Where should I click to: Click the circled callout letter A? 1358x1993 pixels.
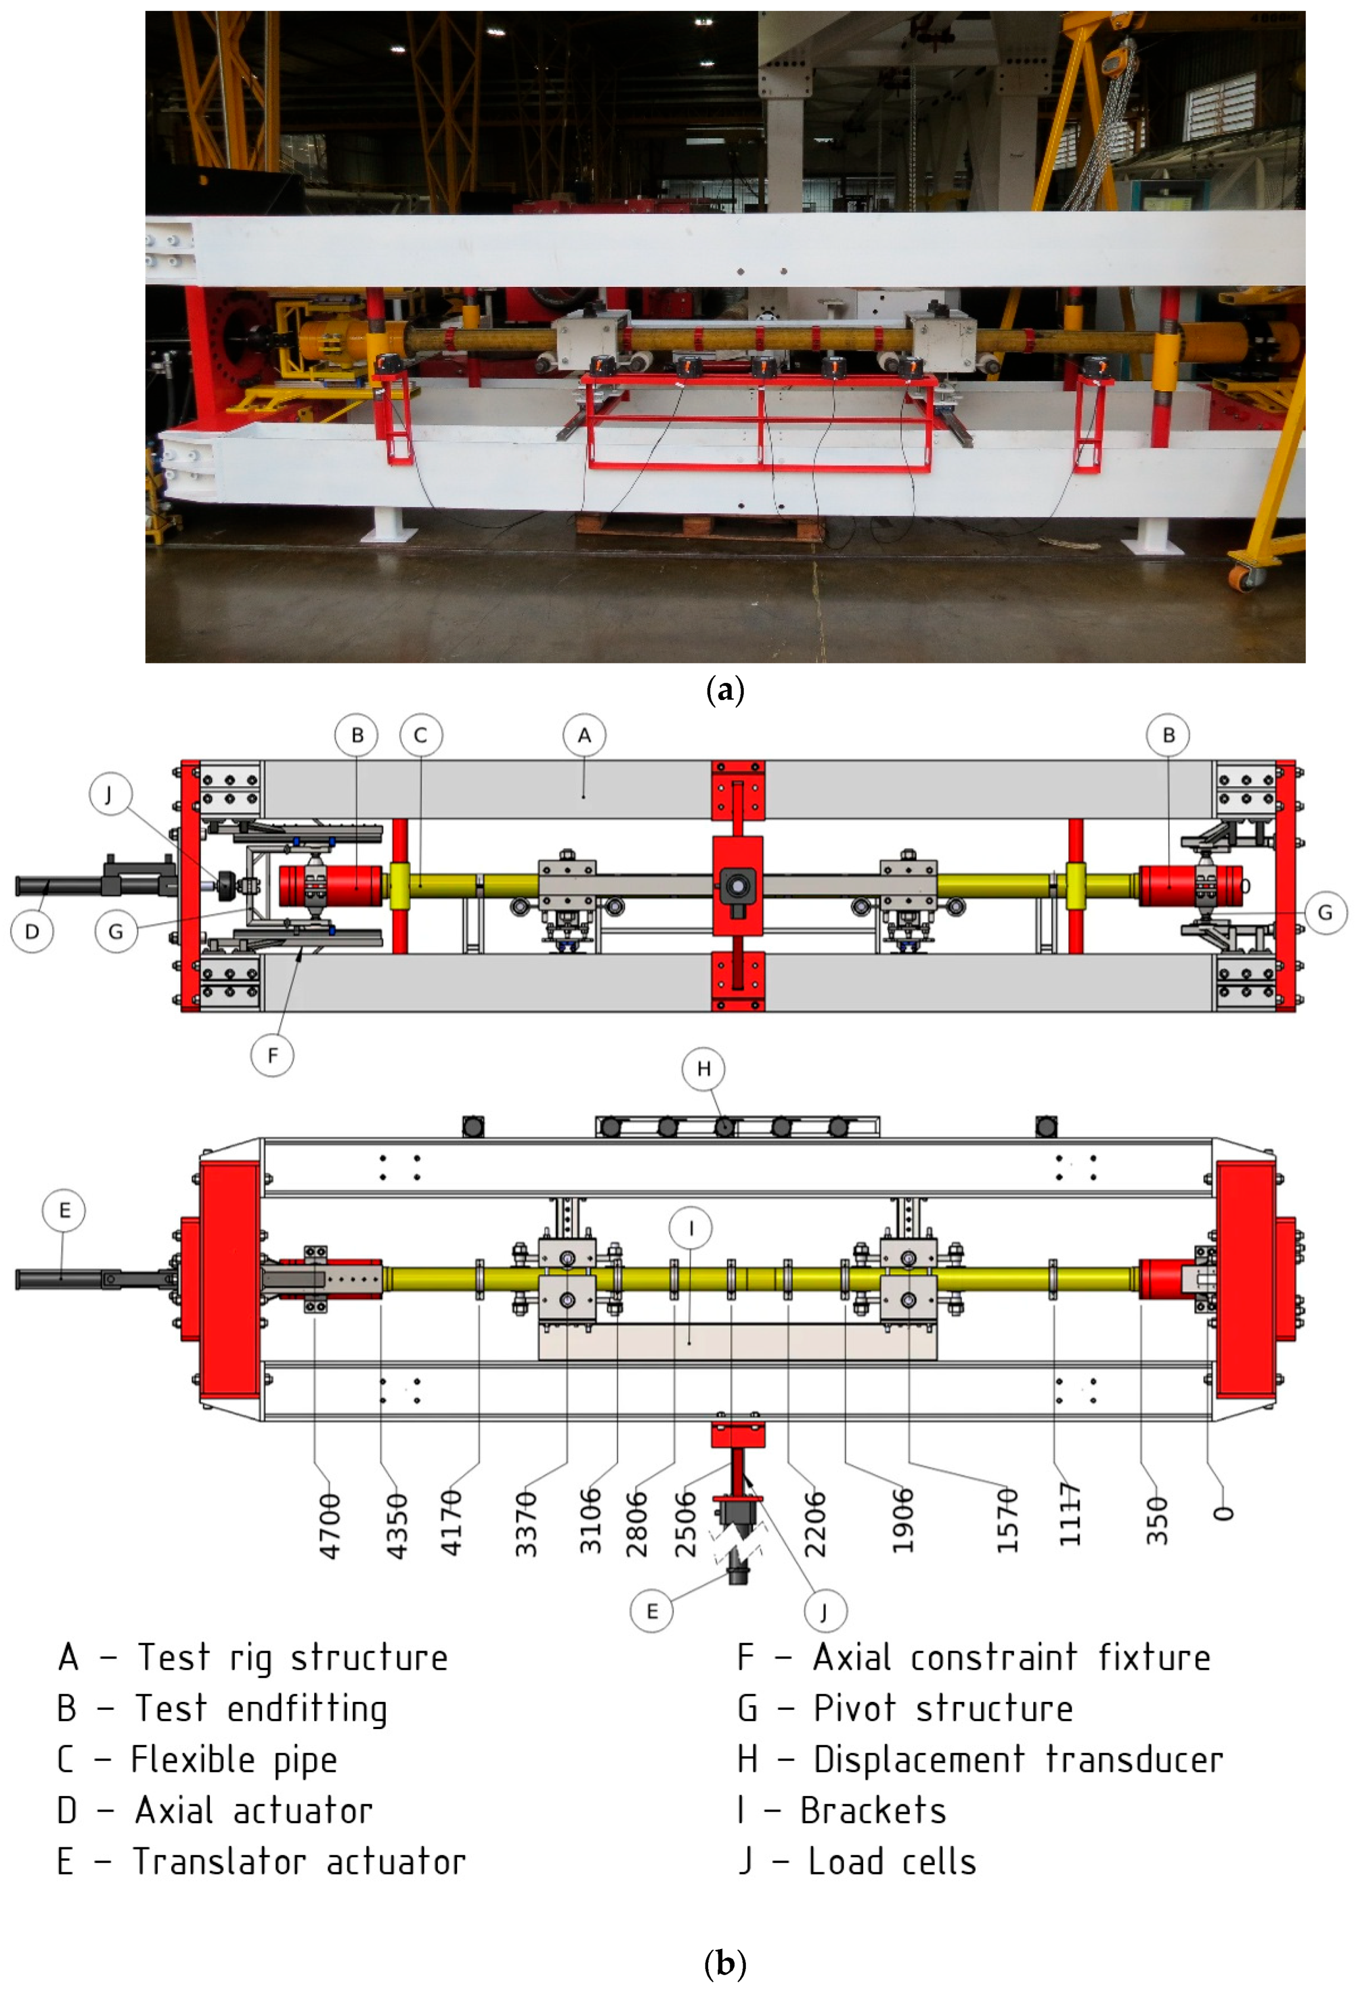[584, 735]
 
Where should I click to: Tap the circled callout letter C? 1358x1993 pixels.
[421, 735]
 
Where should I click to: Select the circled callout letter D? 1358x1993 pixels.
[32, 932]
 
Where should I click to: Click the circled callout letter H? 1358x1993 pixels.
[703, 1069]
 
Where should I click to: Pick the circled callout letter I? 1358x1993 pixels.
[691, 1229]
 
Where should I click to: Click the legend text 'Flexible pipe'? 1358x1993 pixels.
[234, 1760]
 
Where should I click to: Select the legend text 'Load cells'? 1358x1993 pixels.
[892, 1862]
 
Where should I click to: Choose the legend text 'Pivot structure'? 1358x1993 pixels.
[943, 1708]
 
